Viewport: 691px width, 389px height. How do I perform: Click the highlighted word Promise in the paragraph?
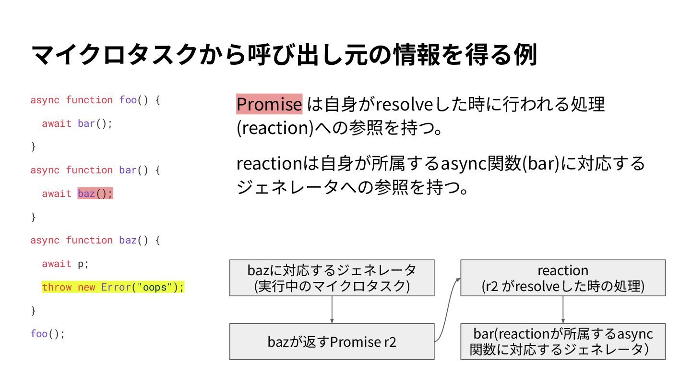pos(269,104)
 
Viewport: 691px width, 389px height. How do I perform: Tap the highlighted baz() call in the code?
pos(95,194)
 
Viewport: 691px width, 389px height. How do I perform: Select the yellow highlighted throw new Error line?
pos(113,287)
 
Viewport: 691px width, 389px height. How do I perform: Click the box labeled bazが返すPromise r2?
pos(332,341)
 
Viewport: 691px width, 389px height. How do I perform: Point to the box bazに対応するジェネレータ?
pos(332,278)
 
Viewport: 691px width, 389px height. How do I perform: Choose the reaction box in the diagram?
pos(562,278)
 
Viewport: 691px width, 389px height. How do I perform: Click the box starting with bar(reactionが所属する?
pos(562,341)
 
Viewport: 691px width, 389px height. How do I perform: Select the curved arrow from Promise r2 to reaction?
pos(447,310)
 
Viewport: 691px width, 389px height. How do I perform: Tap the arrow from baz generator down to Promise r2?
pos(332,309)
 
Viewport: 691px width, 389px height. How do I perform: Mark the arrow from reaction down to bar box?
pos(562,309)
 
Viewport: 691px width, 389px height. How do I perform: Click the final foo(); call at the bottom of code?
pos(47,334)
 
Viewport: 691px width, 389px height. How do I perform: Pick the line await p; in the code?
pos(65,264)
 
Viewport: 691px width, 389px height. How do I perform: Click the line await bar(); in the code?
pos(77,123)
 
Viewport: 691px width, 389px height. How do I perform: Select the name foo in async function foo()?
pos(128,100)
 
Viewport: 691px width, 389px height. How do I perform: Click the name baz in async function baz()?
pos(128,240)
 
